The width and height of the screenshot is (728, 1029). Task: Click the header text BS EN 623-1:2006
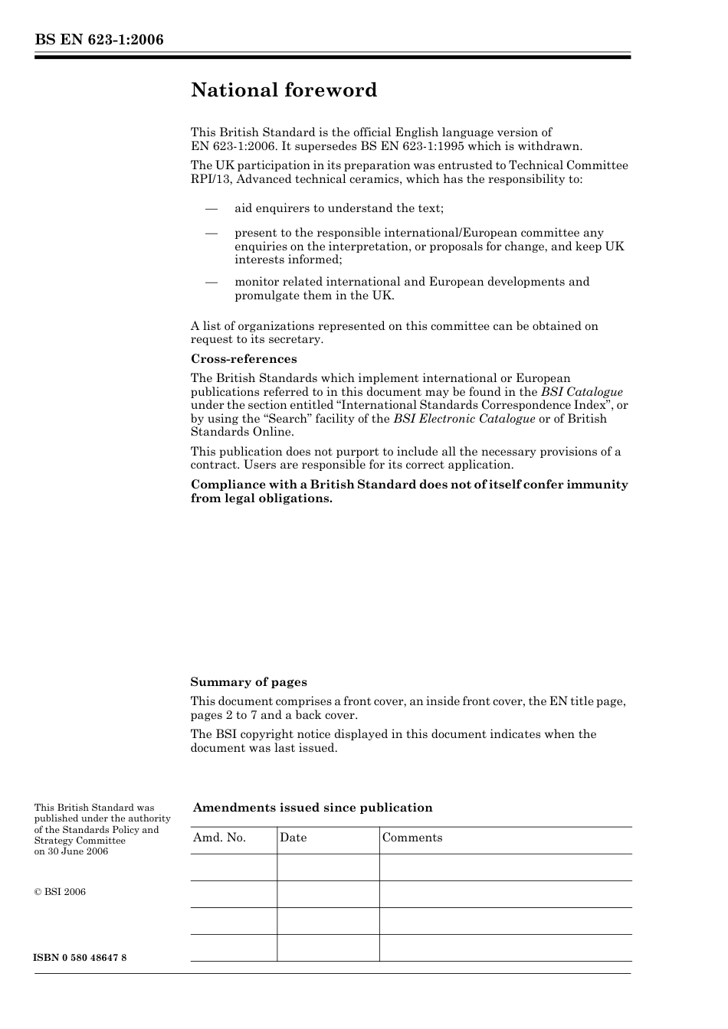click(99, 40)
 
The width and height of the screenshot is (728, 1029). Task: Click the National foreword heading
click(284, 90)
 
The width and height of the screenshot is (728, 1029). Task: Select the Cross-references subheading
click(244, 359)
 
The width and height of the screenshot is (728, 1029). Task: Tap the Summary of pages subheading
click(248, 682)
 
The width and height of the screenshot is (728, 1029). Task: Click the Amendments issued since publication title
click(313, 808)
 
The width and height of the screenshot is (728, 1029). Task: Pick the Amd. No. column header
click(220, 838)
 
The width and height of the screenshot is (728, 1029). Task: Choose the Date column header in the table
click(293, 838)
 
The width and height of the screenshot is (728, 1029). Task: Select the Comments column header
click(412, 838)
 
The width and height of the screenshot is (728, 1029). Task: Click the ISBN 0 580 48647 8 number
click(80, 959)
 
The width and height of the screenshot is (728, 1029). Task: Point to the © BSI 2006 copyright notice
click(60, 892)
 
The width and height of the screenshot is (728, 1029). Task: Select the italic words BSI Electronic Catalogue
click(464, 419)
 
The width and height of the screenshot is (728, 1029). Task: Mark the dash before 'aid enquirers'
click(212, 209)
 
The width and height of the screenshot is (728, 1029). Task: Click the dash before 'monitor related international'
click(212, 283)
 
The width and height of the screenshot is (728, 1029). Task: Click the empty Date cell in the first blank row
click(328, 867)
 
